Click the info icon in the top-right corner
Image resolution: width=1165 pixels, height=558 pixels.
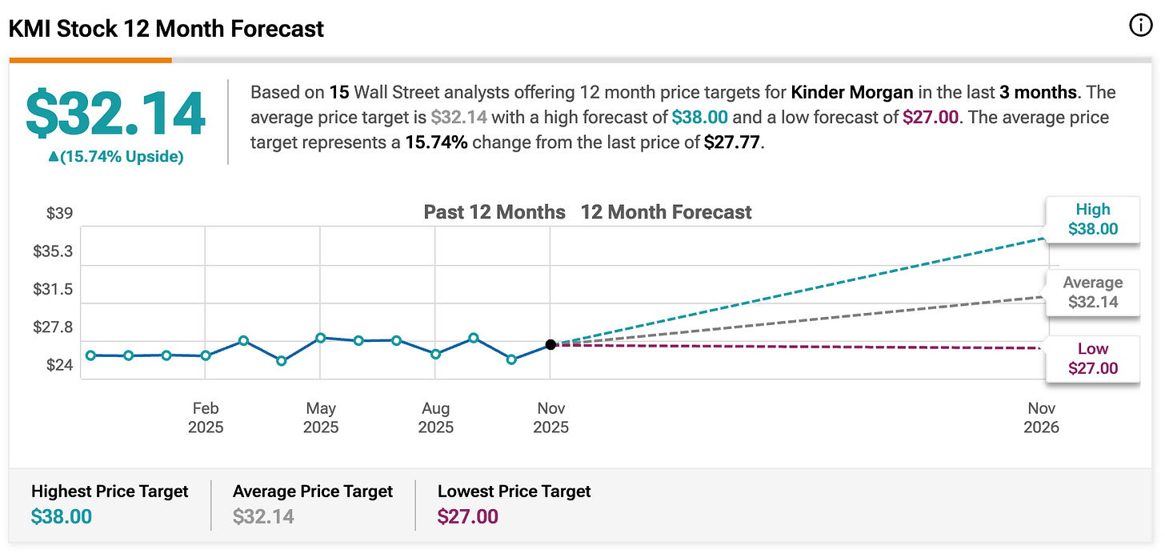[1140, 26]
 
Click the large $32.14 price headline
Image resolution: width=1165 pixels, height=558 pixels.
[115, 114]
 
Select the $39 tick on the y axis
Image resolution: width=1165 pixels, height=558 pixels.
[60, 213]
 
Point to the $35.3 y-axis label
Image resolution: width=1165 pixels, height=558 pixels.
[53, 251]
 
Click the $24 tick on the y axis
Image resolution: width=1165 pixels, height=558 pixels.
[60, 365]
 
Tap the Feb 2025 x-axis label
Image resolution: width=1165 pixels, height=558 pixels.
[206, 417]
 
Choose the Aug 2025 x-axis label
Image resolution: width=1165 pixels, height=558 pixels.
[436, 417]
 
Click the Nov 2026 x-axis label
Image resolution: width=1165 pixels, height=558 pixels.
[1041, 417]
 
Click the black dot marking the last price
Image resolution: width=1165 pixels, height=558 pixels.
[550, 344]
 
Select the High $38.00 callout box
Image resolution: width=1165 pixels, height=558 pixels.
[1093, 219]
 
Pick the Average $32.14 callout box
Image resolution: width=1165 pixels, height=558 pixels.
[1093, 292]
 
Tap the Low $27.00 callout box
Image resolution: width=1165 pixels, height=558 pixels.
[1093, 359]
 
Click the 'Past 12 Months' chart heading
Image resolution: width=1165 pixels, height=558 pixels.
[494, 212]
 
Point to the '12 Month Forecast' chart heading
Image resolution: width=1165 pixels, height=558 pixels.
[666, 212]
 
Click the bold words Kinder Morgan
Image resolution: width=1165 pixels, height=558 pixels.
[852, 93]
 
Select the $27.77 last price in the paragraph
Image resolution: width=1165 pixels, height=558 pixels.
[732, 143]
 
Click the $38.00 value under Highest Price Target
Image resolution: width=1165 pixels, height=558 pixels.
[62, 516]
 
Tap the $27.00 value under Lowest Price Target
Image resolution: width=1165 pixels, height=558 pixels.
[467, 516]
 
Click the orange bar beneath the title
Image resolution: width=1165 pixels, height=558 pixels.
[90, 60]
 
